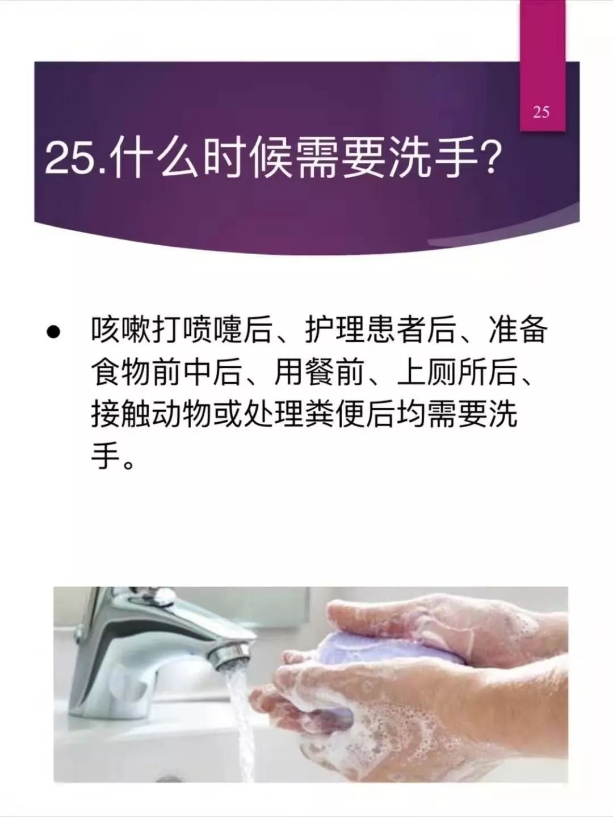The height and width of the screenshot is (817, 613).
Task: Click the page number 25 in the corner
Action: pyautogui.click(x=541, y=112)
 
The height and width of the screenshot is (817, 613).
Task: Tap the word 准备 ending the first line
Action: pyautogui.click(x=518, y=331)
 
